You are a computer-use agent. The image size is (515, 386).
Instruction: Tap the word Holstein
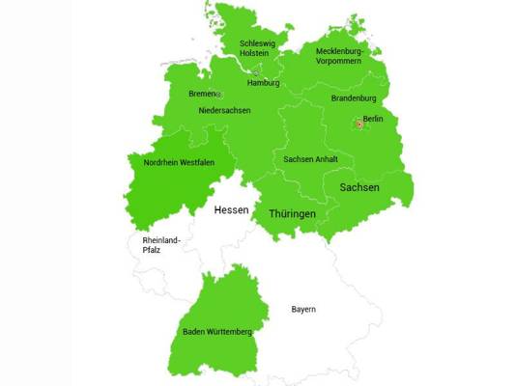pyautogui.click(x=258, y=55)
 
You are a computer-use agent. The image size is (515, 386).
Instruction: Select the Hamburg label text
pyautogui.click(x=263, y=83)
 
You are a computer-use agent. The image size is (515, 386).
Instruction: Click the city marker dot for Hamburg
pyautogui.click(x=256, y=71)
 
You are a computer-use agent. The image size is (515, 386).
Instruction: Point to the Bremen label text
pyautogui.click(x=201, y=94)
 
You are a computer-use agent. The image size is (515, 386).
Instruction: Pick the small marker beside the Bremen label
pyautogui.click(x=218, y=95)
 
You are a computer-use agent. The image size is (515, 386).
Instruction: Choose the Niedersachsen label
pyautogui.click(x=224, y=110)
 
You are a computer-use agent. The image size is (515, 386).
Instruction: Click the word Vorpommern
pyautogui.click(x=338, y=61)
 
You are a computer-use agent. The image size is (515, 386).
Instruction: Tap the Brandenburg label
pyautogui.click(x=354, y=98)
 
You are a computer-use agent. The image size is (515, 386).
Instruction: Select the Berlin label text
pyautogui.click(x=373, y=119)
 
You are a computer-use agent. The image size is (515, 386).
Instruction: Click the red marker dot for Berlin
pyautogui.click(x=358, y=124)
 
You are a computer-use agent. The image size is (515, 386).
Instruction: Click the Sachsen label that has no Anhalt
pyautogui.click(x=358, y=187)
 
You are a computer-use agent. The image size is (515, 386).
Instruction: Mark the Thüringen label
pyautogui.click(x=292, y=212)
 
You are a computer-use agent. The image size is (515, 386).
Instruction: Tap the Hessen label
pyautogui.click(x=231, y=209)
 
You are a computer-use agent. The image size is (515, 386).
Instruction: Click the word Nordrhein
pyautogui.click(x=160, y=163)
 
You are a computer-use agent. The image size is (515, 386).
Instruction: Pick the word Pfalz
pyautogui.click(x=150, y=250)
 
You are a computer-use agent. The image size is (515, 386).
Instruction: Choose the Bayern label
pyautogui.click(x=303, y=310)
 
